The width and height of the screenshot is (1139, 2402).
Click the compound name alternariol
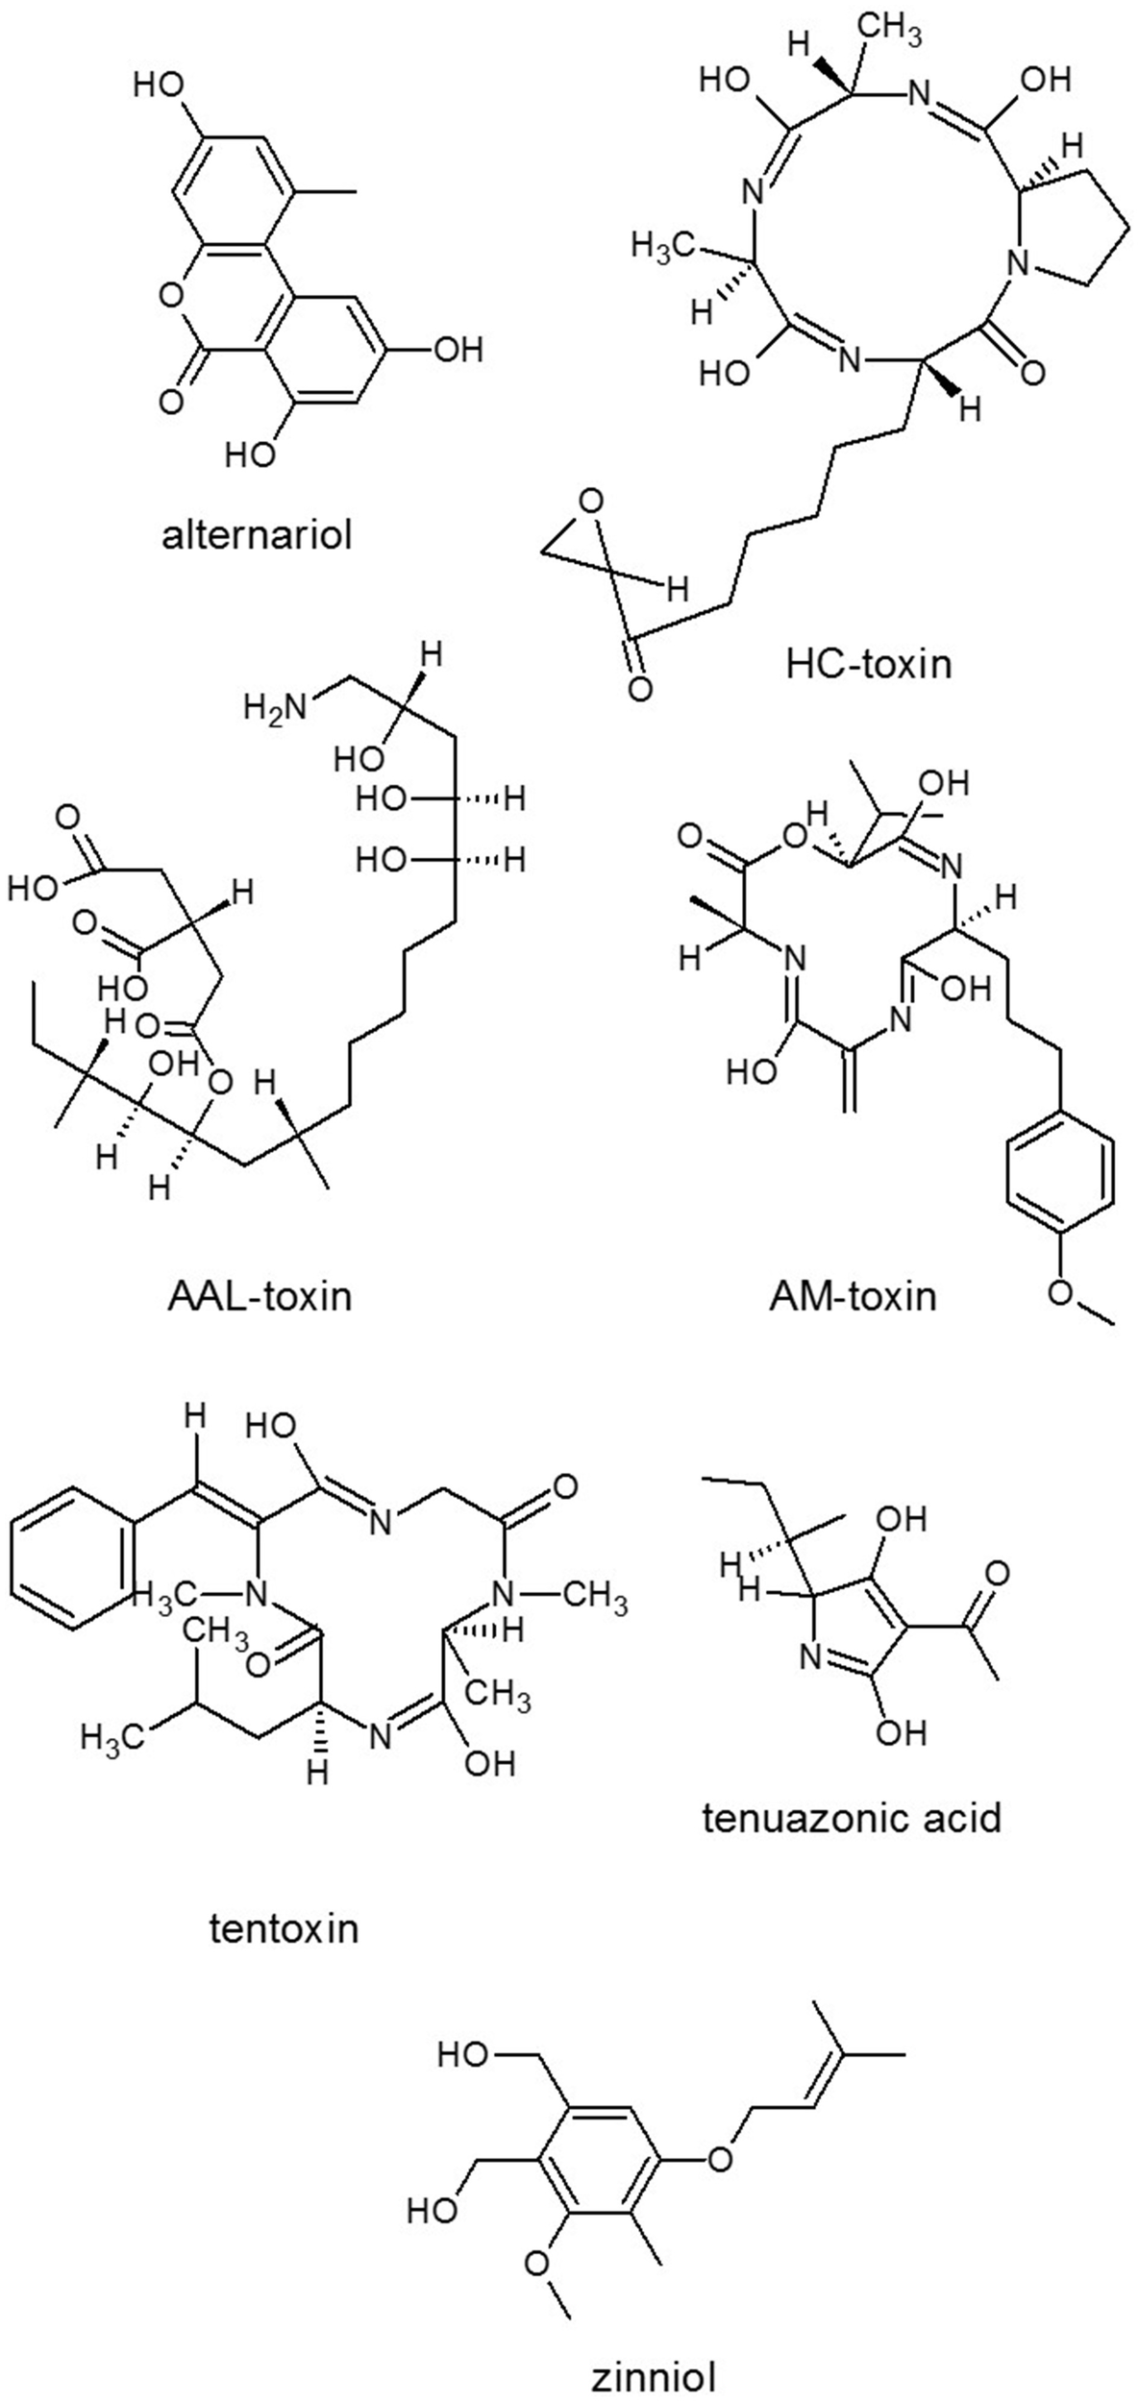pos(257,535)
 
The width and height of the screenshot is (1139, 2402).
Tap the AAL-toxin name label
pos(259,1298)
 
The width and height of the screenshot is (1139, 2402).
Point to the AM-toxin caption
pos(852,1297)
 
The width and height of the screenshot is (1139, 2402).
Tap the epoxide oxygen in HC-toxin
pos(591,501)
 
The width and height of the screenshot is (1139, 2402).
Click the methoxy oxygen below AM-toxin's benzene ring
pos(1061,1292)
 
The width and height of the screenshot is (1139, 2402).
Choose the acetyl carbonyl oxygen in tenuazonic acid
pos(997,1574)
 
